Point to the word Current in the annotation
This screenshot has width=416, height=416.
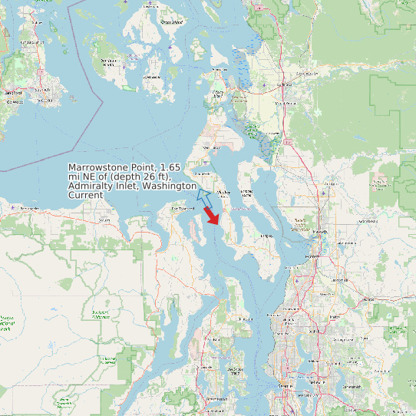(x=85, y=196)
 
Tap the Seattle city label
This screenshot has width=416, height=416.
(x=286, y=386)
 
